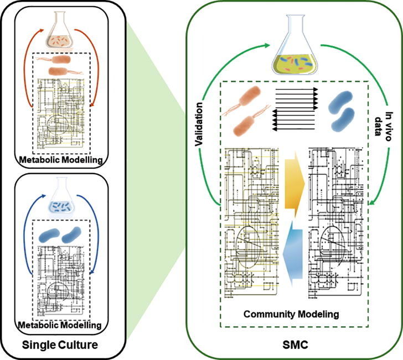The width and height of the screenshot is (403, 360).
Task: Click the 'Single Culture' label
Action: pyautogui.click(x=60, y=346)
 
